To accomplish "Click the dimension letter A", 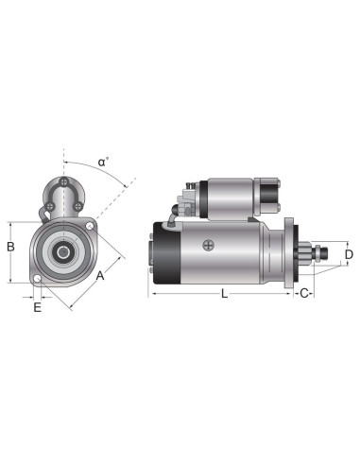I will [x=100, y=275].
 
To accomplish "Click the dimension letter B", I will [x=10, y=248].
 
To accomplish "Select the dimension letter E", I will [x=38, y=307].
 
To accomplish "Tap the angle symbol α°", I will [x=103, y=163].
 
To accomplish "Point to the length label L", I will [x=224, y=294].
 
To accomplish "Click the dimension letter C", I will [x=304, y=294].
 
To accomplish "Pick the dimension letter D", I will [x=348, y=254].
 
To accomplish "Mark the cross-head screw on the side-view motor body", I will [x=208, y=245].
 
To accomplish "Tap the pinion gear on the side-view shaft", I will [x=310, y=253].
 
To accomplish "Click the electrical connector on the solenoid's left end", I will [x=186, y=201].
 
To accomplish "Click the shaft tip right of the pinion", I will [x=325, y=253].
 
